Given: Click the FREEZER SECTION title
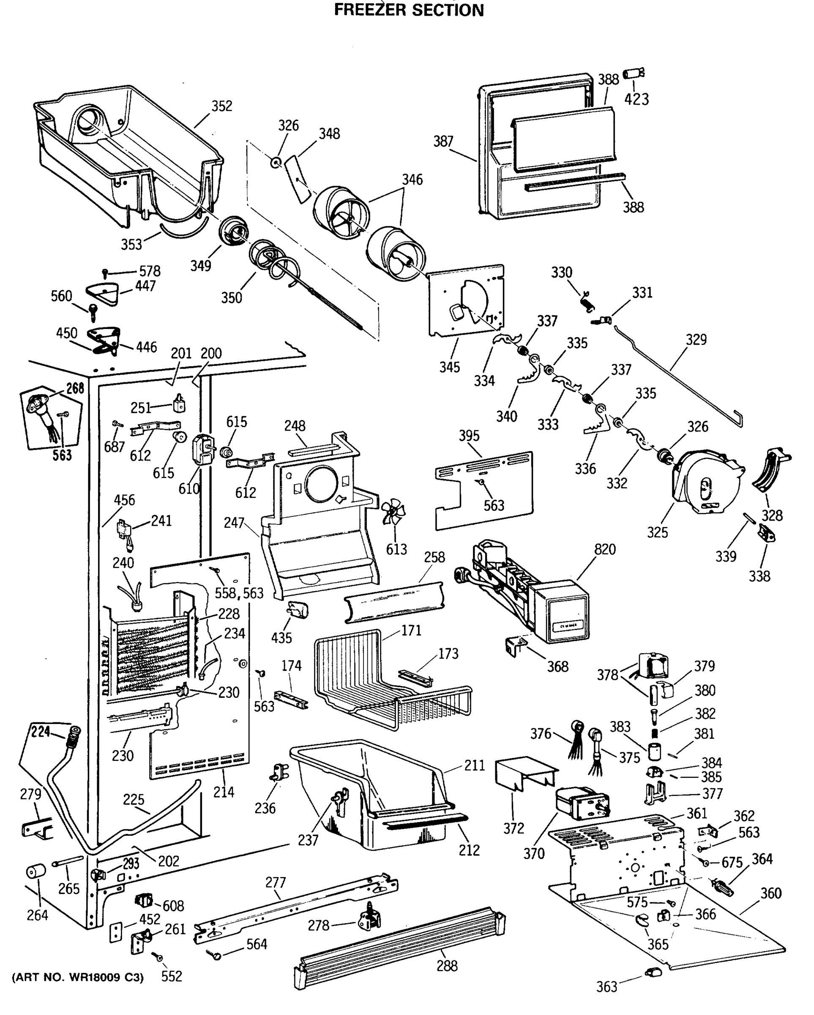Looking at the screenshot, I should click(x=409, y=10).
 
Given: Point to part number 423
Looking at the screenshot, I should click(x=636, y=99).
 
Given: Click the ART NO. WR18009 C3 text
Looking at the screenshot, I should click(x=78, y=977).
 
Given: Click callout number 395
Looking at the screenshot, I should click(x=469, y=436).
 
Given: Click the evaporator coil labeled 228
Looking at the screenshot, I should click(x=155, y=654).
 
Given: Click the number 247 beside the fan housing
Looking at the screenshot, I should click(x=234, y=523).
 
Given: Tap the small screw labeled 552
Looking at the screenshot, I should click(x=157, y=957).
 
